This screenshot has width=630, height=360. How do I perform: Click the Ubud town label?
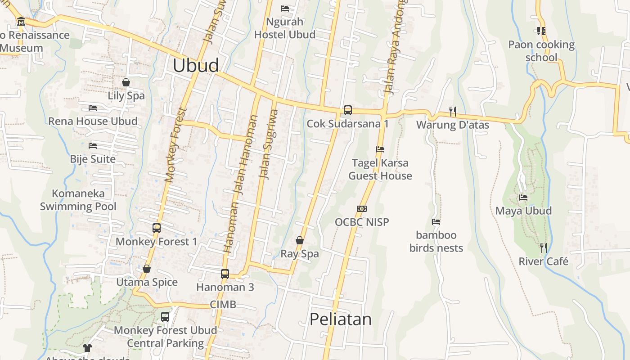(196, 66)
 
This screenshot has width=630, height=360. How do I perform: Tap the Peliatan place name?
(340, 319)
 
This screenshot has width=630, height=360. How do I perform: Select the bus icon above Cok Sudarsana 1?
(347, 110)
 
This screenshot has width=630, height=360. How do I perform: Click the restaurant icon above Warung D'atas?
(453, 111)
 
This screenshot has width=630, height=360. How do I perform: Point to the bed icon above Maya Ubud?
(523, 197)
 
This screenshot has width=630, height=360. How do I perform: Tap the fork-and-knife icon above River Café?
(544, 247)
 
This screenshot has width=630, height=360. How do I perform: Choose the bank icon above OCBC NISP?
(362, 209)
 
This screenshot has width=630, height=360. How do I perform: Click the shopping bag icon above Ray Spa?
(300, 240)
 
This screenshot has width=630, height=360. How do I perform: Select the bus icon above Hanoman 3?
(225, 274)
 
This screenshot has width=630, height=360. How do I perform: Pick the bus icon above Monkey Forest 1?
(157, 228)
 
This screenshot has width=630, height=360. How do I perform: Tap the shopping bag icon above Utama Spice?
(147, 269)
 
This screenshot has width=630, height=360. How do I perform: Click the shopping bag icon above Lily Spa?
(126, 82)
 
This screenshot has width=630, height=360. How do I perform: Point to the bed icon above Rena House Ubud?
(93, 108)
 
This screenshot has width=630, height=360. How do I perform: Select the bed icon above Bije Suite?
(93, 146)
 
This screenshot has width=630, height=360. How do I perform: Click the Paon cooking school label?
(541, 51)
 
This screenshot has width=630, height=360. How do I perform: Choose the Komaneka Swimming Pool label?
(78, 200)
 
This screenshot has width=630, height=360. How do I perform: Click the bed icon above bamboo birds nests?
(436, 222)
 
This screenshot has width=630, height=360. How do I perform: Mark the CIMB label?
(223, 305)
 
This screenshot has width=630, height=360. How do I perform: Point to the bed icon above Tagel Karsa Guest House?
(380, 149)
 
